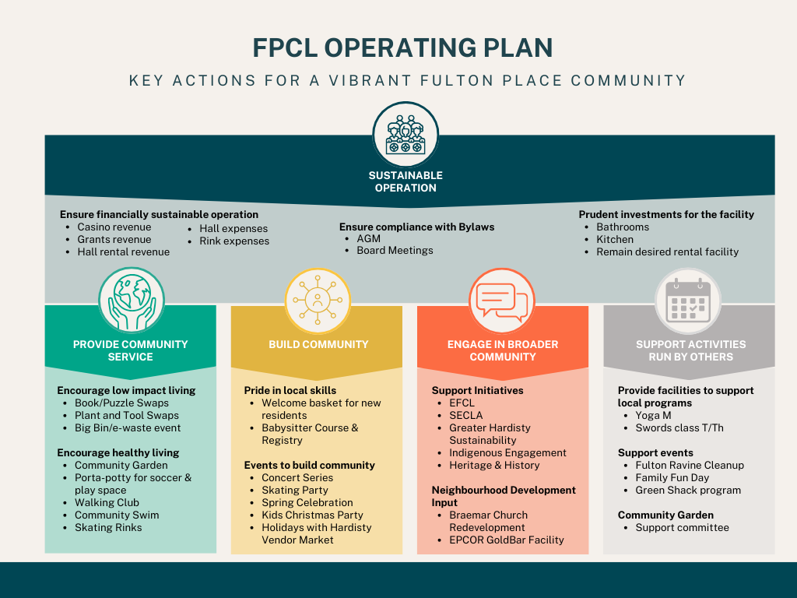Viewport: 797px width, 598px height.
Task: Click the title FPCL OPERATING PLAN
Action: pos(402,47)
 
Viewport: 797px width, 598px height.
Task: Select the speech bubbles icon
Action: pos(502,300)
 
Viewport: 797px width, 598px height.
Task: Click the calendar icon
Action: pos(688,301)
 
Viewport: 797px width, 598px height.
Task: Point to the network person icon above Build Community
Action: pos(317,301)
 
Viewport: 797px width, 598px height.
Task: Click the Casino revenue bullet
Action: pos(114,227)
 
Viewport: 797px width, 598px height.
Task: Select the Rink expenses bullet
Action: pos(234,241)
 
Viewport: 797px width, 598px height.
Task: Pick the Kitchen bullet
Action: pos(615,240)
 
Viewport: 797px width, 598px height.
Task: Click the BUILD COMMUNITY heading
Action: pos(318,344)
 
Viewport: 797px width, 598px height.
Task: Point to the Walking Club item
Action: pos(107,502)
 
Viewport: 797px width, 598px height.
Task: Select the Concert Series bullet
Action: pos(297,477)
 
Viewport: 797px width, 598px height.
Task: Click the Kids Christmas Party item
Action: pos(312,515)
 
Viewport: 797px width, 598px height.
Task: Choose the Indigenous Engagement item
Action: pos(507,452)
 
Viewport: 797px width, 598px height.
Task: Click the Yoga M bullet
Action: pos(653,415)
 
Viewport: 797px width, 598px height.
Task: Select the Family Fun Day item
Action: pos(672,477)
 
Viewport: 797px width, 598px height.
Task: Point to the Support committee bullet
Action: pos(682,527)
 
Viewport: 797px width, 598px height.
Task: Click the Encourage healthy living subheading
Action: pos(118,452)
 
